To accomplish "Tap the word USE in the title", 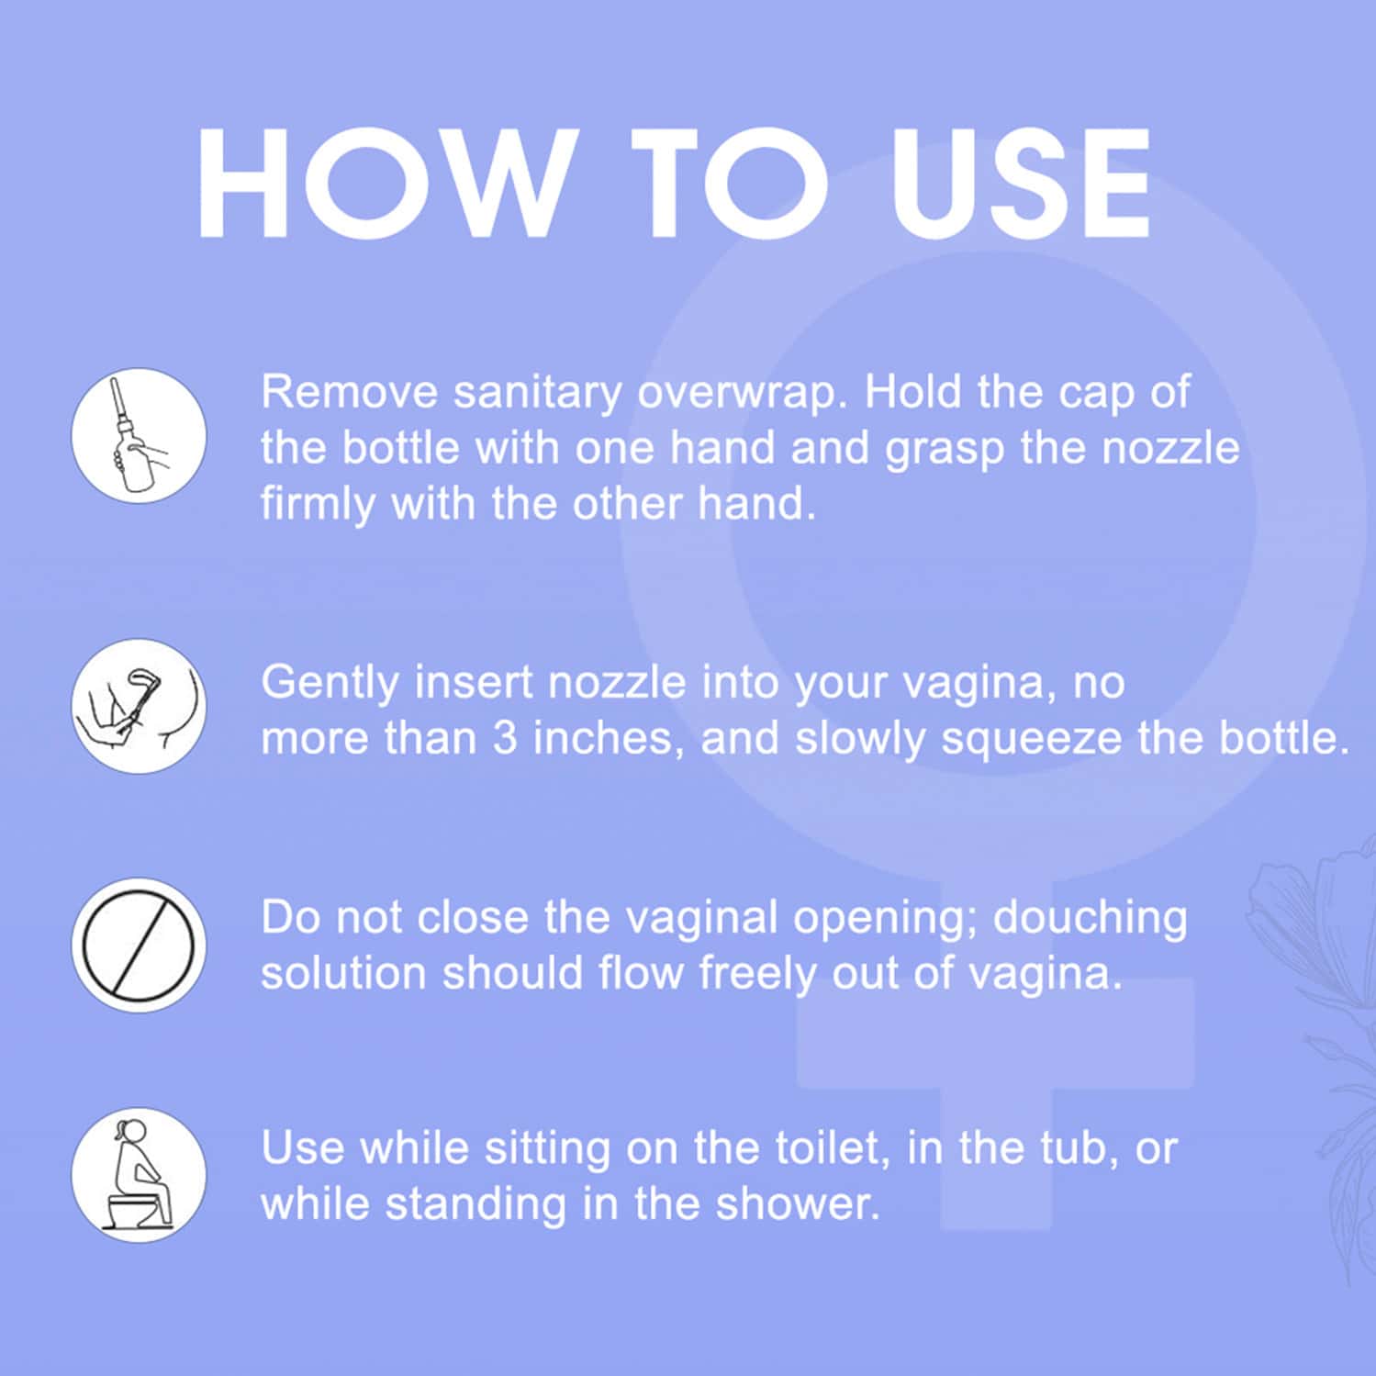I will point(1020,184).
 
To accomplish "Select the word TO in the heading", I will point(730,184).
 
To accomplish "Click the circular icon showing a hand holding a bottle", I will point(139,435).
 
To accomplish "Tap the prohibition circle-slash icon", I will point(139,945).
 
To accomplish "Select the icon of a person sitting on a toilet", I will point(139,1175).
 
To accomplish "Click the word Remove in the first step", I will point(350,392).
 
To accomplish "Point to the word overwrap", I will point(738,394).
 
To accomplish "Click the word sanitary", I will point(538,394).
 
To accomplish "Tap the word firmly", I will point(319,505).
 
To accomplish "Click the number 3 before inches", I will point(505,738).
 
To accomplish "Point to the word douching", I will point(1090,918).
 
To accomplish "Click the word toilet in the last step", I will point(833,1148).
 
